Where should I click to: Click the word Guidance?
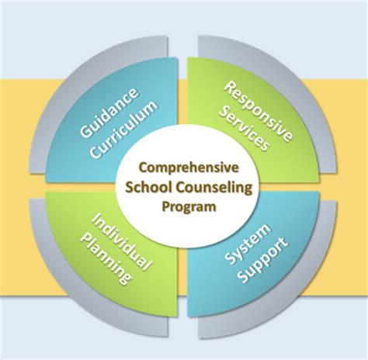(109, 112)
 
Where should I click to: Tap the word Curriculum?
(124, 130)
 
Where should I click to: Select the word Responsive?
(258, 112)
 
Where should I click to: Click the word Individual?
(122, 242)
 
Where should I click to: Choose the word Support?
(262, 260)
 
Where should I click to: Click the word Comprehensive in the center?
(189, 168)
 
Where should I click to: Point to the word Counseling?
(214, 188)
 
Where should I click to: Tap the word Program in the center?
(189, 207)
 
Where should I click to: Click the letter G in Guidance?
(85, 131)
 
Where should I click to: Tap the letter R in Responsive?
(229, 88)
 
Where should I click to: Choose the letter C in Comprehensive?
(144, 168)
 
